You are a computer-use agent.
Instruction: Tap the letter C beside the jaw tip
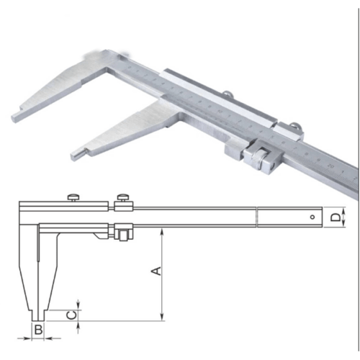(71, 313)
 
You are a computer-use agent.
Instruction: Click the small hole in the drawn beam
(311, 215)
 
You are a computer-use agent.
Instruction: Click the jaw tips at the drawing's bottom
(39, 315)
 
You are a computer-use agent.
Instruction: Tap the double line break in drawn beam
(257, 215)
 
